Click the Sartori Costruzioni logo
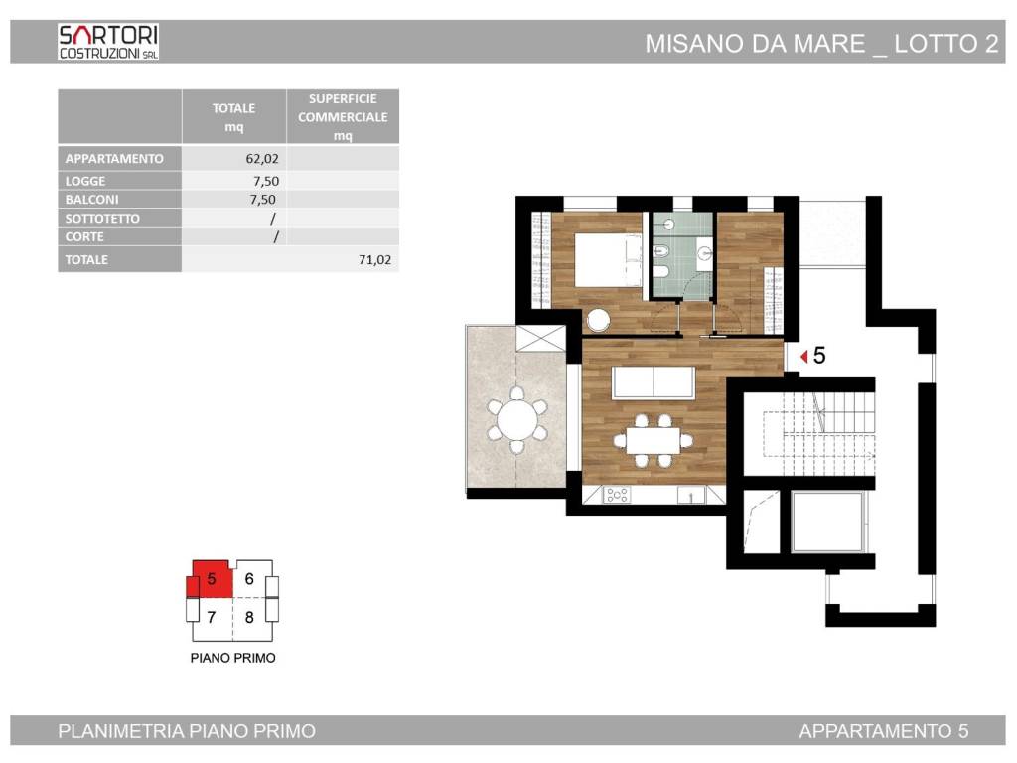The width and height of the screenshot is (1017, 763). coord(108,42)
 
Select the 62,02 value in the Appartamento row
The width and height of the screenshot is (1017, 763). coord(262,158)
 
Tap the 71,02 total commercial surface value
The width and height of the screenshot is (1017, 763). coord(374,259)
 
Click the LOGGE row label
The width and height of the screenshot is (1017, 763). coord(85,181)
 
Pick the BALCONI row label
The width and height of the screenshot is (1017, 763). coord(91,199)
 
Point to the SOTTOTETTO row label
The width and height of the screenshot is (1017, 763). coord(102,218)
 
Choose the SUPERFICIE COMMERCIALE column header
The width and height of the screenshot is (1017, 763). coord(343,117)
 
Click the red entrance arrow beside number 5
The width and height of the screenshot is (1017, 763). coord(804,357)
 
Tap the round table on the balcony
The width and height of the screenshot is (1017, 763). coord(516,420)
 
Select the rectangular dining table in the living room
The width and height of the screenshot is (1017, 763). coord(654,440)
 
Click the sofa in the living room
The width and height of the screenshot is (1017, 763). coord(654,382)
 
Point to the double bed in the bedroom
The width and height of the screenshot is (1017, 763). coord(608,260)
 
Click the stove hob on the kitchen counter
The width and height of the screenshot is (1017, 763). coord(616,495)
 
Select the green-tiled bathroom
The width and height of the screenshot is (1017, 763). coord(681,255)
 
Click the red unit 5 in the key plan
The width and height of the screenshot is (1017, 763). coord(211,579)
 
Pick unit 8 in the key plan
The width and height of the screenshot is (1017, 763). coord(249,617)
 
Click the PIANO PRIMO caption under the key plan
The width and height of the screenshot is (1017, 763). coord(232,658)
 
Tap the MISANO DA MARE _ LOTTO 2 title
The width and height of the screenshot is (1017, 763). coord(821,44)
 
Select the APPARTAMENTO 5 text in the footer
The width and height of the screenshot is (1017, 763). coord(883,731)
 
